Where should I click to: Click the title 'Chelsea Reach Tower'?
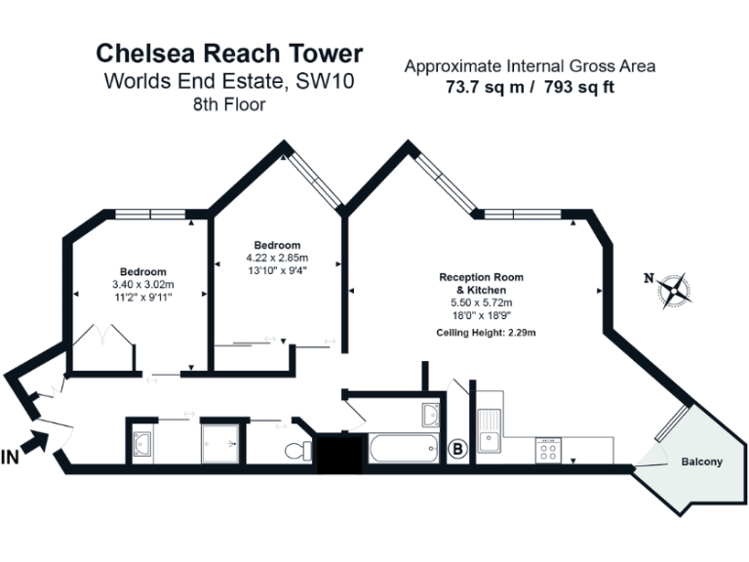click(x=228, y=54)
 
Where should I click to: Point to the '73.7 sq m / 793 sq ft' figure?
click(x=530, y=87)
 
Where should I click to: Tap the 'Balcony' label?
click(x=701, y=462)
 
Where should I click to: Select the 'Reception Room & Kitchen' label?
click(x=481, y=284)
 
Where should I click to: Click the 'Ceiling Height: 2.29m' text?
click(x=487, y=334)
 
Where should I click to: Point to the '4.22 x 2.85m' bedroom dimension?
click(x=276, y=258)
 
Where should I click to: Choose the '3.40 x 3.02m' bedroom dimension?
click(x=142, y=284)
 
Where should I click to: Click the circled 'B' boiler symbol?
click(x=456, y=450)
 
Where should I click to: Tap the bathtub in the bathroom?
click(x=403, y=450)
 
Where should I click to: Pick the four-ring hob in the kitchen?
click(x=547, y=450)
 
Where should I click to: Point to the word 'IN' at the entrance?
click(x=11, y=457)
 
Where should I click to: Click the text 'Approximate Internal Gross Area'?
click(x=530, y=66)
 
